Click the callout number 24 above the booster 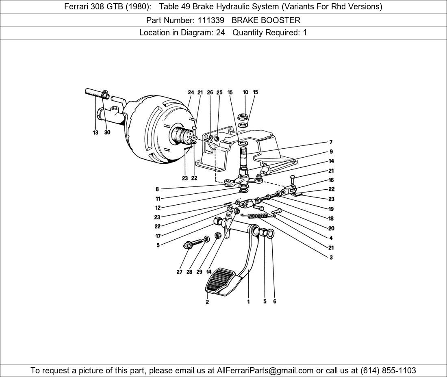(x=191, y=92)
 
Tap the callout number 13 (x=95, y=132)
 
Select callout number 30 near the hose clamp (x=107, y=132)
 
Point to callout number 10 (x=245, y=92)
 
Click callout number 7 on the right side (x=331, y=142)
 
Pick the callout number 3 (x=331, y=257)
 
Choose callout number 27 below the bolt (x=179, y=272)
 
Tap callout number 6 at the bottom (x=275, y=301)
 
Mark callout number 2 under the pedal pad (x=207, y=302)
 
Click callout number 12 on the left (x=158, y=208)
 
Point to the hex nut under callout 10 (x=242, y=116)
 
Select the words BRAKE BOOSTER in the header (x=266, y=20)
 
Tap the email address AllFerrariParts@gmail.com (x=265, y=370)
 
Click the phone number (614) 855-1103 (x=388, y=370)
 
